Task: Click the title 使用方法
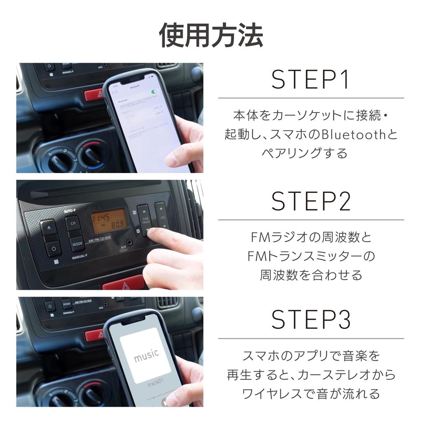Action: click(211, 36)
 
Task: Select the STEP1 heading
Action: click(310, 81)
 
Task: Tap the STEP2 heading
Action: click(311, 202)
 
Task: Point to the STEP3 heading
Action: click(311, 319)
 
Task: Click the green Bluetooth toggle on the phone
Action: click(155, 91)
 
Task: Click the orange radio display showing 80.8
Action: click(109, 221)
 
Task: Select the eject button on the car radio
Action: click(49, 227)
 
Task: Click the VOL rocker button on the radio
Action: click(162, 216)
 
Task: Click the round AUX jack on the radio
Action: click(131, 242)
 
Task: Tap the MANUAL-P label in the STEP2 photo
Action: click(79, 257)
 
